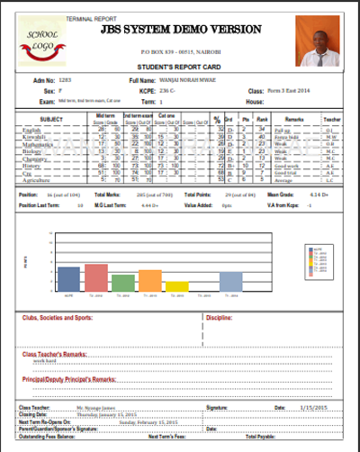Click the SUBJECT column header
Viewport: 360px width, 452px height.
pyautogui.click(x=52, y=119)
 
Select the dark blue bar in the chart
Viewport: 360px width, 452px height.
pyautogui.click(x=68, y=280)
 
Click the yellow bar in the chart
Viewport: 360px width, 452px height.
pyautogui.click(x=177, y=286)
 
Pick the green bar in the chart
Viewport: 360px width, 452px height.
pyautogui.click(x=123, y=283)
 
